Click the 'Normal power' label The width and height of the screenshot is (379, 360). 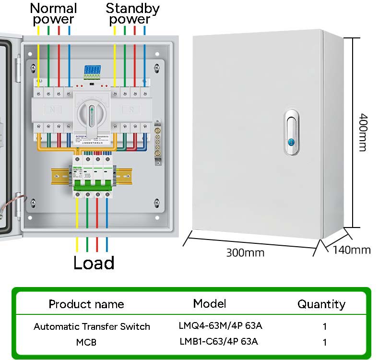click(54, 13)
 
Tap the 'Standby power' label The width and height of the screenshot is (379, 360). click(132, 13)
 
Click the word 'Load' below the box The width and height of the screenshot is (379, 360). click(94, 263)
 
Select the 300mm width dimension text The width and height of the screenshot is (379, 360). click(245, 252)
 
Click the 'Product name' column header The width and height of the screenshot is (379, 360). click(86, 304)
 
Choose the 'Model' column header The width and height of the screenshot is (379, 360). click(209, 303)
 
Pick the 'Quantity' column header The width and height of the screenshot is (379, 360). click(321, 304)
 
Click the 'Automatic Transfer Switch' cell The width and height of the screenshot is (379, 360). click(92, 326)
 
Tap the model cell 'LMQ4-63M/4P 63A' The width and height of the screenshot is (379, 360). click(220, 326)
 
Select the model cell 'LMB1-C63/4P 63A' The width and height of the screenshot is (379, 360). click(218, 341)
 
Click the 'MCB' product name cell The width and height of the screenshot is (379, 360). click(87, 342)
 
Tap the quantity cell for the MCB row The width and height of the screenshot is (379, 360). click(325, 342)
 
